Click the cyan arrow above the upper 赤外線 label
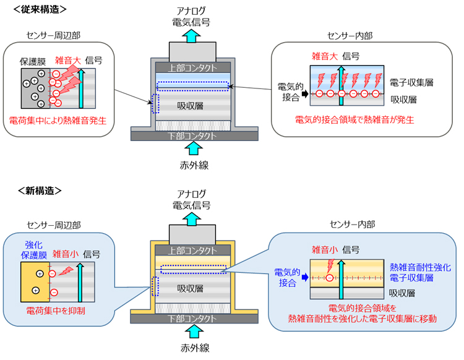[193, 147]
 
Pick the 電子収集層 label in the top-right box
[411, 81]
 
